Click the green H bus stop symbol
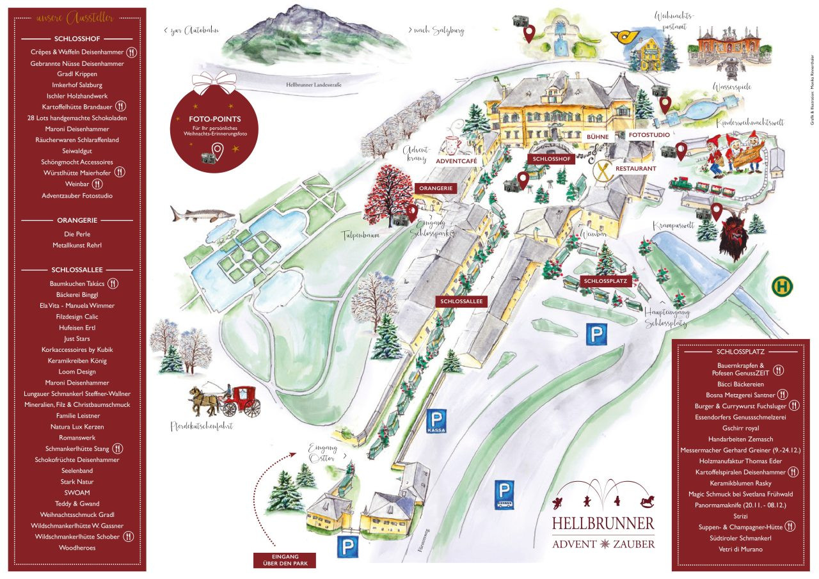click(782, 286)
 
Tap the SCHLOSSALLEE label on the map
click(462, 301)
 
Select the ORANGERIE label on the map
click(436, 188)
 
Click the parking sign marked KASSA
click(436, 422)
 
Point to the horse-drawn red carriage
click(225, 401)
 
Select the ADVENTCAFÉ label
click(456, 161)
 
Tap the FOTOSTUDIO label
click(649, 136)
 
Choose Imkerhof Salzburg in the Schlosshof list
click(75, 85)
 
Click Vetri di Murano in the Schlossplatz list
click(735, 549)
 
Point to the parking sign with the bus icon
click(505, 495)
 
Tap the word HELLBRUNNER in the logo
click(603, 523)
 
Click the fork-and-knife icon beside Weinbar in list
click(97, 184)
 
